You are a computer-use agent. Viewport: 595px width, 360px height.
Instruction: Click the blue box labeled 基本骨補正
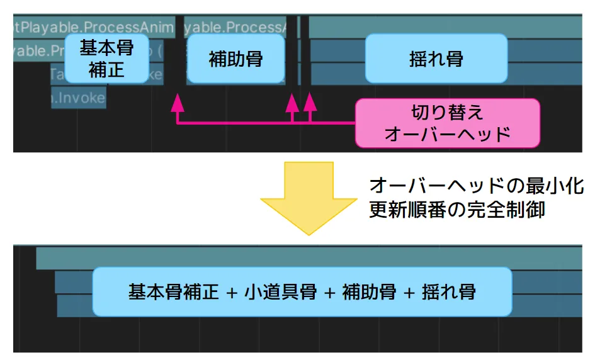pyautogui.click(x=106, y=59)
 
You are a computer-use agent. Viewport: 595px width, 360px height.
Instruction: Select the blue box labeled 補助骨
pyautogui.click(x=235, y=59)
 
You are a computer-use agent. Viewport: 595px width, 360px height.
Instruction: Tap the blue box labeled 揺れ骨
pyautogui.click(x=436, y=59)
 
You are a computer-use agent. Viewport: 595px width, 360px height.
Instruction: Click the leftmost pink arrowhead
pyautogui.click(x=178, y=102)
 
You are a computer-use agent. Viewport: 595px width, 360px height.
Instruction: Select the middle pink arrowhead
pyautogui.click(x=292, y=102)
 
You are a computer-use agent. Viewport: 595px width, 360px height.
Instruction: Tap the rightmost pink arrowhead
pyautogui.click(x=310, y=102)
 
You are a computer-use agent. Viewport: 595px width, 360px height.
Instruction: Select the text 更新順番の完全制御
pyautogui.click(x=456, y=210)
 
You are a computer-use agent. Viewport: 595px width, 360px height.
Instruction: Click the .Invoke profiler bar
pyautogui.click(x=78, y=98)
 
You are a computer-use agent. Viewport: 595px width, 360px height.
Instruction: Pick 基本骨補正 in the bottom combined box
pyautogui.click(x=173, y=292)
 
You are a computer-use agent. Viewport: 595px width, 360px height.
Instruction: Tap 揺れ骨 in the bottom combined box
pyautogui.click(x=449, y=292)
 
